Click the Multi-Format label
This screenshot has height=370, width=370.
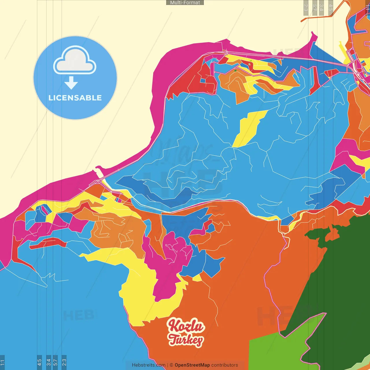[185, 3]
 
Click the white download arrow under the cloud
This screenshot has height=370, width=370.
[71, 83]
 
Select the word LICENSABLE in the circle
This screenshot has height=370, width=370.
[75, 98]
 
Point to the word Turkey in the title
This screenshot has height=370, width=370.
[186, 340]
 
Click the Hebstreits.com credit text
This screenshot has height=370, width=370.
[149, 365]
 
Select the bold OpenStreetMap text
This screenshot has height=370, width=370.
[192, 365]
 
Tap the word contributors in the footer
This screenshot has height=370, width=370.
[225, 365]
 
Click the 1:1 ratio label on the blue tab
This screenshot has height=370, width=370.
[2, 362]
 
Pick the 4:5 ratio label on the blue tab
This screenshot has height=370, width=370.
[40, 362]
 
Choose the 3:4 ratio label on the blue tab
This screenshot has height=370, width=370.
[49, 362]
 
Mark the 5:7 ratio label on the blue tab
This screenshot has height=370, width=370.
[55, 362]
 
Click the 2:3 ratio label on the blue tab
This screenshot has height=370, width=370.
[64, 362]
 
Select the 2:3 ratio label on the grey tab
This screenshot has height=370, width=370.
[306, 8]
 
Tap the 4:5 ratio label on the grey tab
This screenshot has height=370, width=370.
[331, 8]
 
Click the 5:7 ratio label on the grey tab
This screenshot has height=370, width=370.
[314, 8]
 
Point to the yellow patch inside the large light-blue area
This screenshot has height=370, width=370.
[249, 129]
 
